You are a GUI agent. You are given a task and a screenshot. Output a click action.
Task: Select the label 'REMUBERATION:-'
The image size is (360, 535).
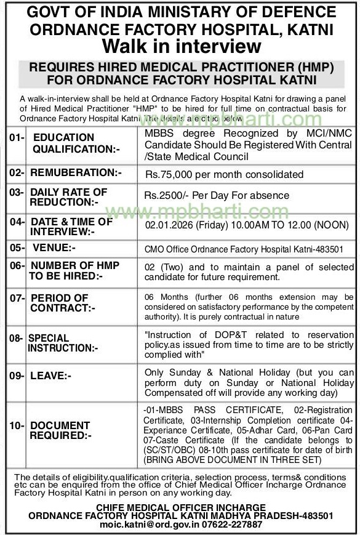point(74,173)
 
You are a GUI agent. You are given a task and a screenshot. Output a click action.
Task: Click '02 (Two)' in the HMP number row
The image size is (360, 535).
point(166,267)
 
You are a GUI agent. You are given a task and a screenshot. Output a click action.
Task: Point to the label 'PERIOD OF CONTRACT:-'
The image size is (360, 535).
point(62,302)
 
